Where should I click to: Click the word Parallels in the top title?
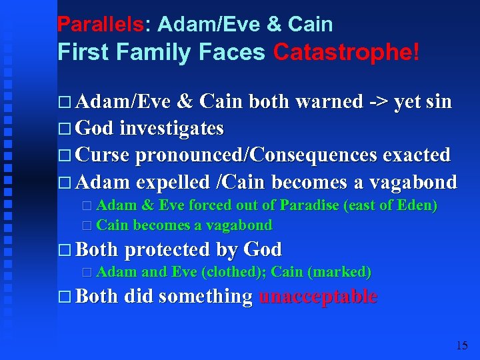pyautogui.click(x=100, y=25)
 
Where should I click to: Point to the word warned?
pyautogui.click(x=331, y=101)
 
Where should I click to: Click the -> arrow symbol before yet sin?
pyautogui.click(x=379, y=101)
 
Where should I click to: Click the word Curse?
pyautogui.click(x=103, y=155)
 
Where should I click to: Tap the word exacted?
pyautogui.click(x=417, y=155)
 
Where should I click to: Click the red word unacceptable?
pyautogui.click(x=317, y=297)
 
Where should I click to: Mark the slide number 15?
pyautogui.click(x=462, y=345)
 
